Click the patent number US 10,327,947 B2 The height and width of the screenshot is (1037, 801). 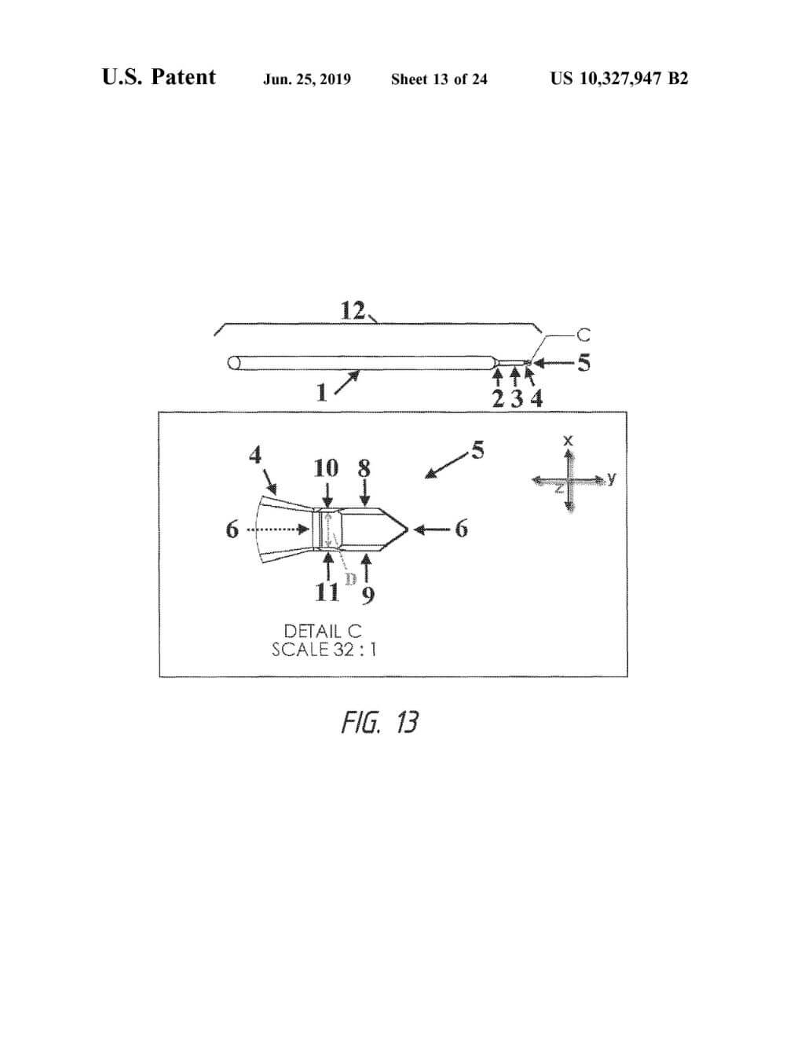619,79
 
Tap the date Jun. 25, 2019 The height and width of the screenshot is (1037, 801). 307,79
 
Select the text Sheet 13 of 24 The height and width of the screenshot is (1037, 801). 439,79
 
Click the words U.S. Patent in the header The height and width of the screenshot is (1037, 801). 159,77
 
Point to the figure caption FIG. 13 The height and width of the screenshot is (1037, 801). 379,721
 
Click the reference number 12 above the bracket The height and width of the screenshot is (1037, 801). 353,311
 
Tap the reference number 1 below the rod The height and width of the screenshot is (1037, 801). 321,393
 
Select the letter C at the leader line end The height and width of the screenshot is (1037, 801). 583,335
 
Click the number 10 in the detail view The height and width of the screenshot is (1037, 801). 326,468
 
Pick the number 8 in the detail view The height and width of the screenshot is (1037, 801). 364,468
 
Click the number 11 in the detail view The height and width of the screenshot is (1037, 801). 326,592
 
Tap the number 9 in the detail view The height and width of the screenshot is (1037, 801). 368,596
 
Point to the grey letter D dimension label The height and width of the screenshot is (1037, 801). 351,579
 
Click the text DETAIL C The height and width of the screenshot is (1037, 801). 323,631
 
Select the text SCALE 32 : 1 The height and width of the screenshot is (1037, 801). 324,650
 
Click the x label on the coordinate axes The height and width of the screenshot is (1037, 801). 569,441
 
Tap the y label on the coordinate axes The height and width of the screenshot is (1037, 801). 612,477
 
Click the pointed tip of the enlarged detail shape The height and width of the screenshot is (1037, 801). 407,529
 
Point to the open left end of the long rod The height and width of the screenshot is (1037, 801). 232,363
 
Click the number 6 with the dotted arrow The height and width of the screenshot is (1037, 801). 232,529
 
